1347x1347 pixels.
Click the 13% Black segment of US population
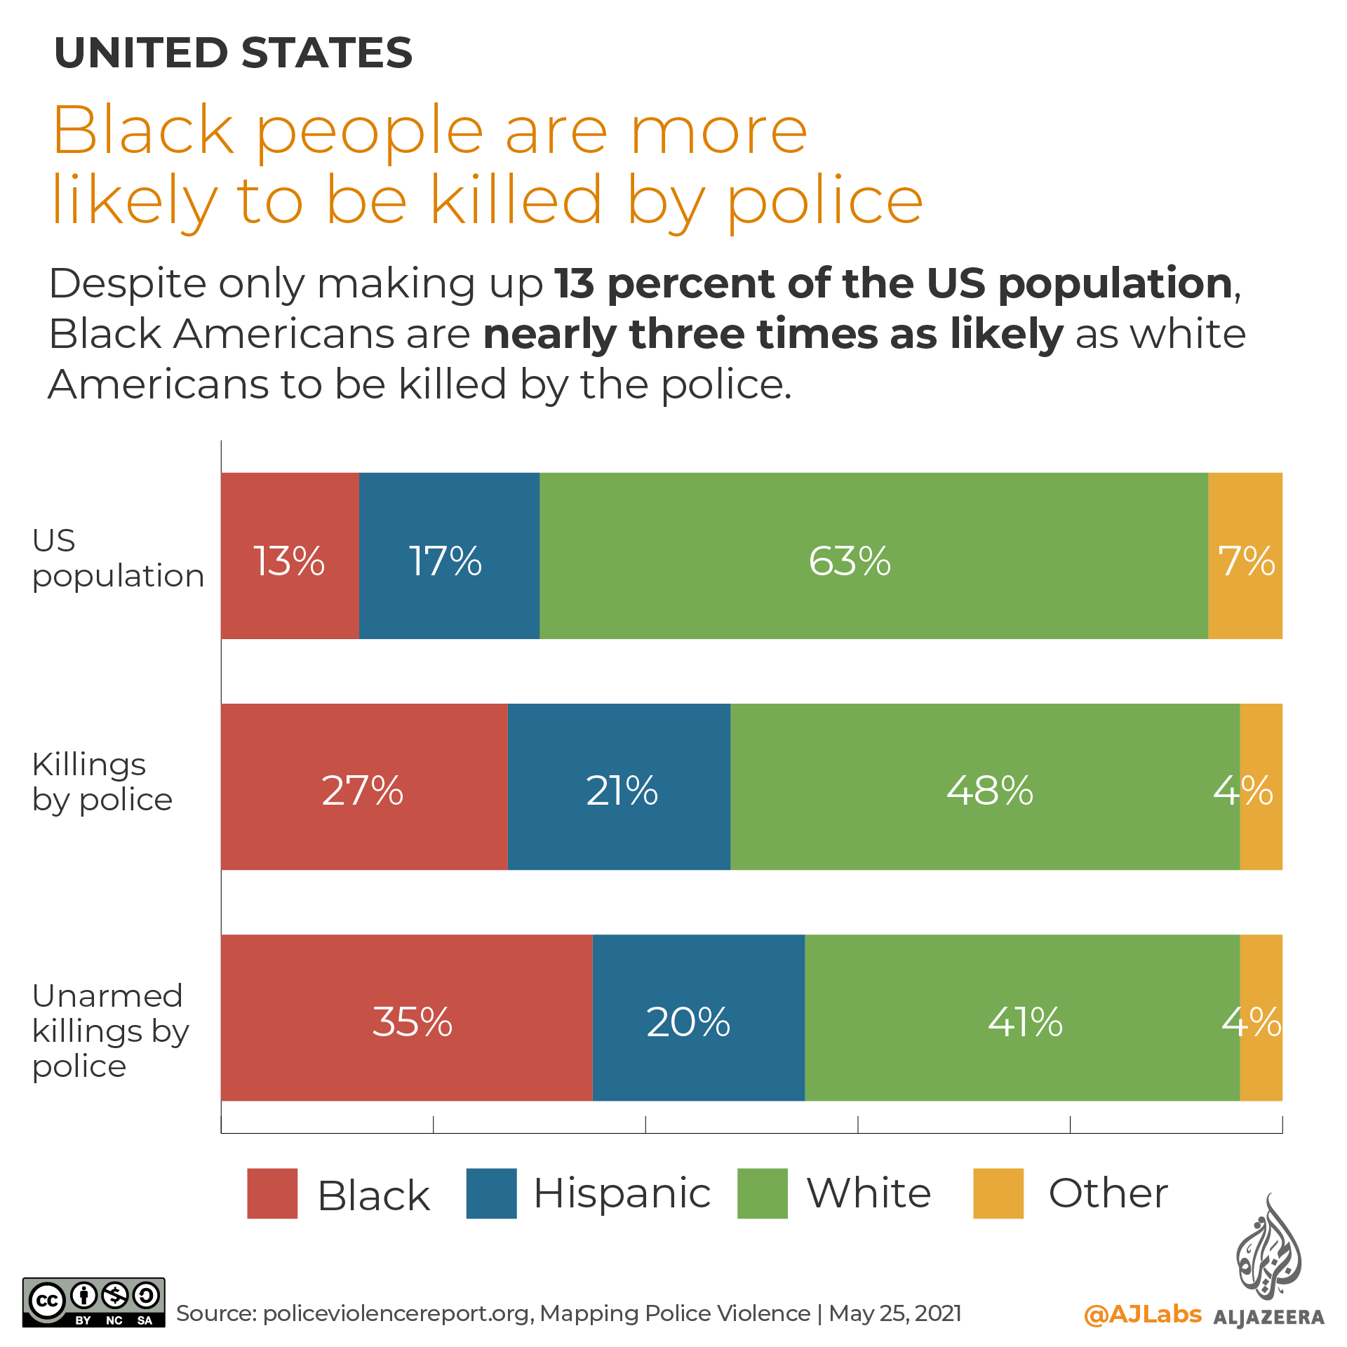coord(290,556)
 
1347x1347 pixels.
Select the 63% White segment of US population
coord(873,556)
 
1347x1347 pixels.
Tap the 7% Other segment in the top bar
coord(1245,556)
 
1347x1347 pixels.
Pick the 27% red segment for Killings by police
coord(364,786)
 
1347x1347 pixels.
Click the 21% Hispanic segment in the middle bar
coord(619,786)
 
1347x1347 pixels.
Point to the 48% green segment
coord(985,786)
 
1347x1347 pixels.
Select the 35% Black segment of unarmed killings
coord(407,1017)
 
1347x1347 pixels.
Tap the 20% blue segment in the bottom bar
coord(699,1017)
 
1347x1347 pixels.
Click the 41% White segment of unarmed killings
coord(1022,1017)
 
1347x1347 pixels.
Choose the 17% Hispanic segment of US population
coord(449,556)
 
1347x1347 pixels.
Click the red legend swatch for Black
coord(272,1193)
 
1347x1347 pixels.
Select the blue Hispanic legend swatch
coord(491,1193)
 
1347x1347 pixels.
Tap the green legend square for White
coord(763,1193)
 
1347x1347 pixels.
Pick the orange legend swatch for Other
coord(998,1193)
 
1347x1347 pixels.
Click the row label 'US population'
coord(118,558)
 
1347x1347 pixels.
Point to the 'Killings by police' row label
coord(102,782)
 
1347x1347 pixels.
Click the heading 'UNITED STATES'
coord(233,53)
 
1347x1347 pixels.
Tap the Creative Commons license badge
coord(94,1302)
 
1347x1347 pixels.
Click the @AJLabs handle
coord(1142,1313)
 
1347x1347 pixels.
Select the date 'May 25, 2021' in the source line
coord(894,1313)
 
